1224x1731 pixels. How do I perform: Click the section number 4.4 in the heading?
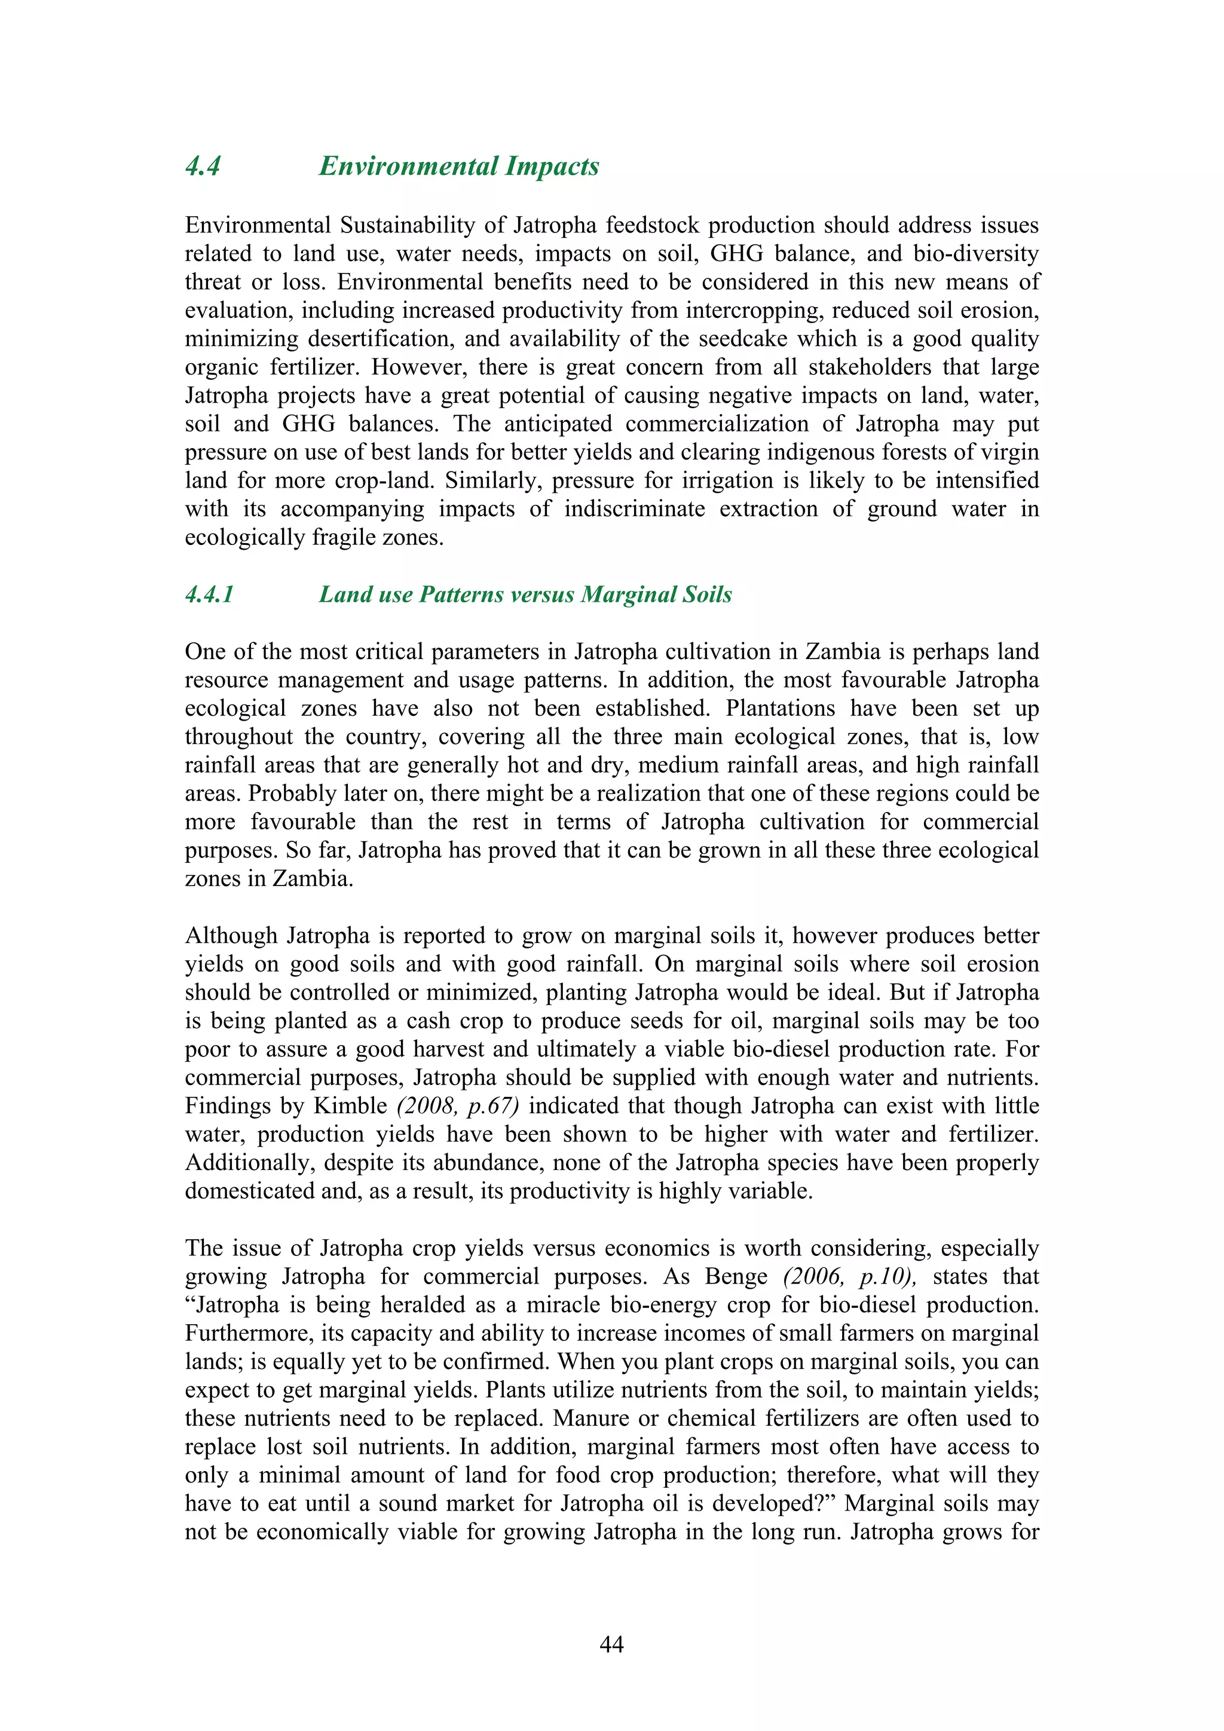pos(202,167)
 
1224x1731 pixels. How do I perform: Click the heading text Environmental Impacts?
pos(458,167)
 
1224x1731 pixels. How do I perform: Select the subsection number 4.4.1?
pos(210,595)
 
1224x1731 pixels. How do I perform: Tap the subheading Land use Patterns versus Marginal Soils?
pos(525,595)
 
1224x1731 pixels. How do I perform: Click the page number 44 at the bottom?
pos(611,1644)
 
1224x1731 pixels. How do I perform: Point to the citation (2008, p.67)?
pos(458,1106)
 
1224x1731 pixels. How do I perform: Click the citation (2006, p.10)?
pos(849,1276)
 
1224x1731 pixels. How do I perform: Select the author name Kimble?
pos(350,1106)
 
